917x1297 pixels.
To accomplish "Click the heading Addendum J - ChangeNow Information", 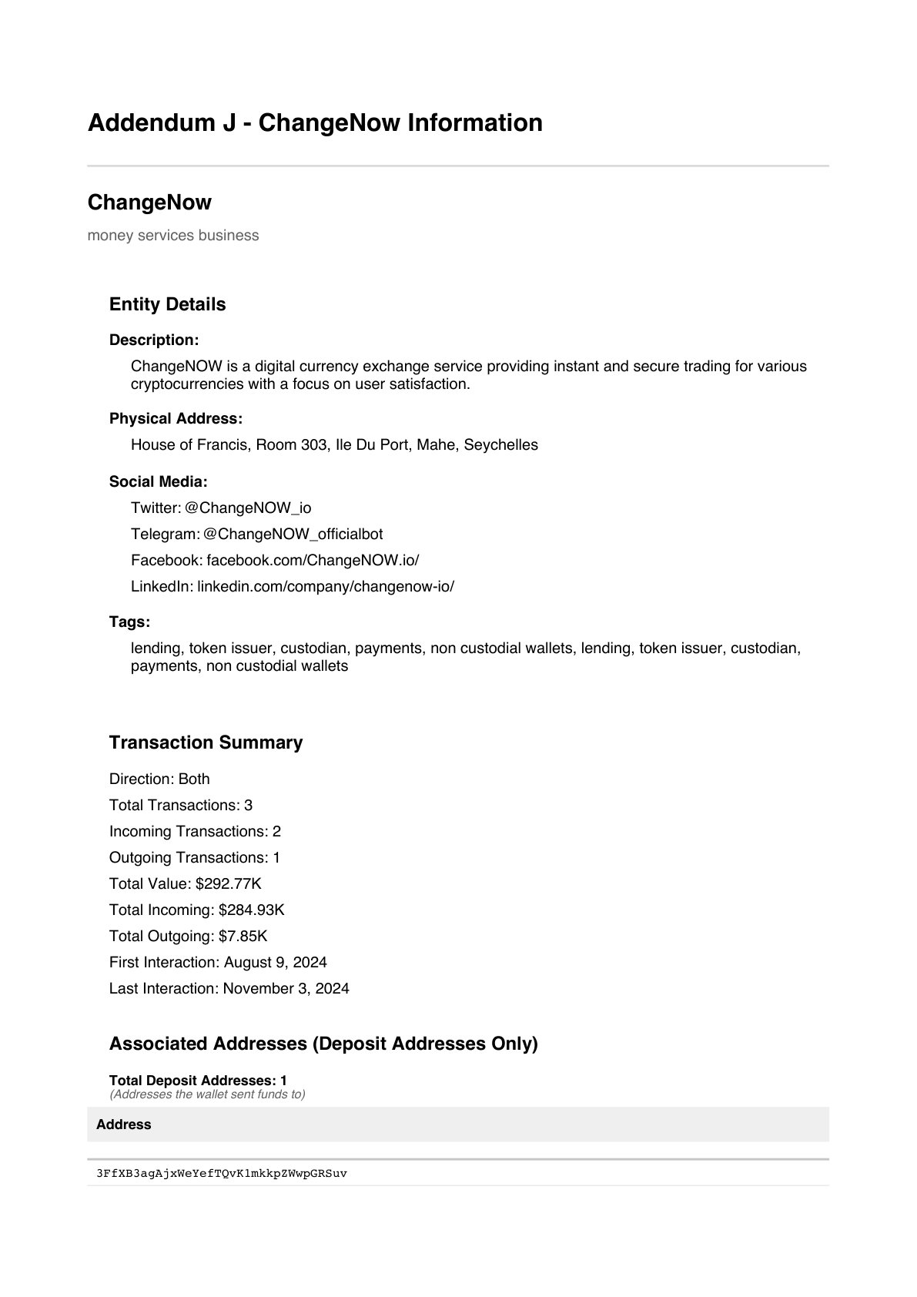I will tap(315, 123).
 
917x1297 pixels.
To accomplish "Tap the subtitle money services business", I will tap(173, 236).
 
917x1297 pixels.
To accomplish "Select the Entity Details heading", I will tap(167, 304).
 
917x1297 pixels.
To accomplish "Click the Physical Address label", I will tap(176, 419).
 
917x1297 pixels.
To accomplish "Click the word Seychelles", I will tap(500, 445).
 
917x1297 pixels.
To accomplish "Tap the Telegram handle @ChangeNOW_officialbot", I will tap(293, 535).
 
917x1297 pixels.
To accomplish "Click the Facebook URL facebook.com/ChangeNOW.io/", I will tap(313, 561).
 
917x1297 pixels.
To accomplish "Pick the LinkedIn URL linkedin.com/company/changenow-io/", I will tap(326, 587).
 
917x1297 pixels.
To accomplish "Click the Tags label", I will tap(129, 622).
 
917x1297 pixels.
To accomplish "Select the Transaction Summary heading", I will tap(206, 742).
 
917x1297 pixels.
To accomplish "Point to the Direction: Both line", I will tap(159, 779).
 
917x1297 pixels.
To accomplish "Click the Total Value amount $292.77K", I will tap(228, 884).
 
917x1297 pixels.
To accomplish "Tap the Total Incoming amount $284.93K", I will tap(251, 910).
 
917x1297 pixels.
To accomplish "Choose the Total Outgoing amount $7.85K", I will tap(243, 937).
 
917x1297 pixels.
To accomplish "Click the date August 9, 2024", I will tap(275, 963).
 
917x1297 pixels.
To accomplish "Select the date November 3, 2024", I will tap(286, 989).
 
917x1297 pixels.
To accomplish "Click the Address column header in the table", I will tap(123, 1125).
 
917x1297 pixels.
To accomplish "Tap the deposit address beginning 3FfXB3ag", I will tap(222, 1174).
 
